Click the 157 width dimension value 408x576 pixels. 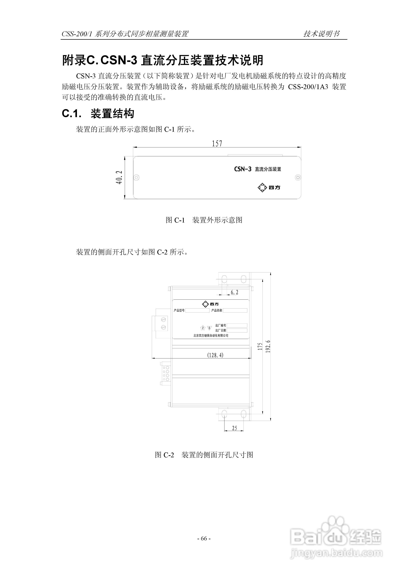(x=217, y=143)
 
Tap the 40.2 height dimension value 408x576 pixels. (x=119, y=177)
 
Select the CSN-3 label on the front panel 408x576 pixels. (x=243, y=169)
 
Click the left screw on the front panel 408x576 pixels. (x=137, y=177)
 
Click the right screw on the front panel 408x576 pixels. (x=298, y=177)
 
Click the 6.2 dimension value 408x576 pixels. (x=234, y=292)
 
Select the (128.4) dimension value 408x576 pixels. (x=215, y=355)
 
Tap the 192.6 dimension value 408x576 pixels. (x=268, y=346)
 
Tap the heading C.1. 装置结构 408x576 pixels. (x=98, y=114)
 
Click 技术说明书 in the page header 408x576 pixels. (x=321, y=34)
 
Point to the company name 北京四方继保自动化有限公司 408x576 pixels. (x=211, y=335)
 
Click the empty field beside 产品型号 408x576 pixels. (x=197, y=310)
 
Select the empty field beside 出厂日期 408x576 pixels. (x=237, y=330)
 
